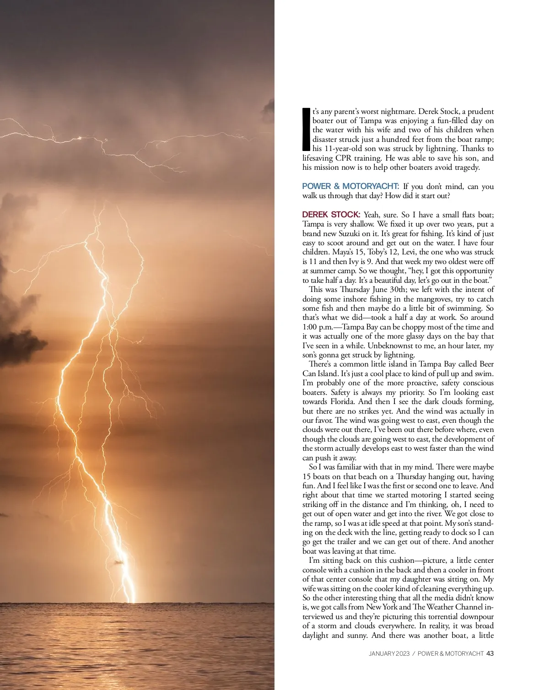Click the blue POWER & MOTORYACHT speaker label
pyautogui.click(x=350, y=187)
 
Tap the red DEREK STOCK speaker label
pyautogui.click(x=331, y=215)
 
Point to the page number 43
pyautogui.click(x=490, y=653)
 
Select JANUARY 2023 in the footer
pyautogui.click(x=389, y=653)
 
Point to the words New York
pyautogui.click(x=382, y=607)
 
